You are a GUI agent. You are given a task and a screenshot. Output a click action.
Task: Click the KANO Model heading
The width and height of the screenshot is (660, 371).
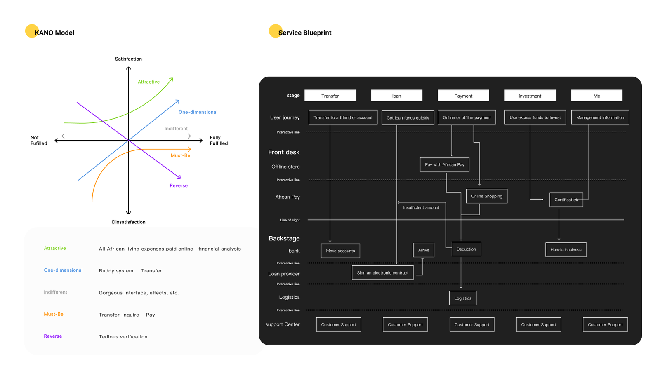pyautogui.click(x=54, y=33)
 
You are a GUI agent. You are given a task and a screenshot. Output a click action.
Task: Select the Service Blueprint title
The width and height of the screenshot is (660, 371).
pyautogui.click(x=304, y=33)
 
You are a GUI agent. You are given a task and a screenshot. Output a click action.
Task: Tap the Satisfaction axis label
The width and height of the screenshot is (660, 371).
pyautogui.click(x=128, y=59)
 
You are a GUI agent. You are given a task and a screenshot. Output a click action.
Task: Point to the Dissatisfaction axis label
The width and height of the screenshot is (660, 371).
pyautogui.click(x=129, y=222)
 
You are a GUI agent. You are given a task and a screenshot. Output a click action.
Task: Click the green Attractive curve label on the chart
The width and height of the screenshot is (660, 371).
pyautogui.click(x=148, y=82)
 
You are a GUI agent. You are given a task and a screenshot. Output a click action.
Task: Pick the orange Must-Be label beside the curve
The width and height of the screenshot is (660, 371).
pyautogui.click(x=180, y=155)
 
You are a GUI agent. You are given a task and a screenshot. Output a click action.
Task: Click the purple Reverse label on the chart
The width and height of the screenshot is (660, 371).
pyautogui.click(x=179, y=185)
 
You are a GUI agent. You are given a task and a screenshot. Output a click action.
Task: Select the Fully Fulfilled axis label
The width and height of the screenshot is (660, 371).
pyautogui.click(x=219, y=141)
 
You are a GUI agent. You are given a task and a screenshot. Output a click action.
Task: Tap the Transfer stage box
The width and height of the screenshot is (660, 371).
pyautogui.click(x=330, y=96)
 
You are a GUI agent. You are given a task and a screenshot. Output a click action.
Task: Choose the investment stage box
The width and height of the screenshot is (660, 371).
pyautogui.click(x=530, y=96)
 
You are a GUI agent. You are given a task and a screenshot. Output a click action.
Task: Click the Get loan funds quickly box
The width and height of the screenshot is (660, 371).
pyautogui.click(x=408, y=118)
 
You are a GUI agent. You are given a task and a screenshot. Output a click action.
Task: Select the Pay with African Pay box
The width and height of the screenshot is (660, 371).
pyautogui.click(x=444, y=164)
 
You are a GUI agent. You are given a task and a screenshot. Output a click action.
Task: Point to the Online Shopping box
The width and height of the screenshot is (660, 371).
pyautogui.click(x=487, y=196)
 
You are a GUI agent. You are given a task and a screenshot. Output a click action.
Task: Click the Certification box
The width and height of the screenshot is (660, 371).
pyautogui.click(x=566, y=200)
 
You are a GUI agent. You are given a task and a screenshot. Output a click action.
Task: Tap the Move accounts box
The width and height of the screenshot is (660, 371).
pyautogui.click(x=340, y=251)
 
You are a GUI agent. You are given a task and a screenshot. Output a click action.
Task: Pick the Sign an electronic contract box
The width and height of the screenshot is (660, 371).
pyautogui.click(x=382, y=273)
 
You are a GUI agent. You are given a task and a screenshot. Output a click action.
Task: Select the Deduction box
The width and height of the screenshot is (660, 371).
pyautogui.click(x=466, y=249)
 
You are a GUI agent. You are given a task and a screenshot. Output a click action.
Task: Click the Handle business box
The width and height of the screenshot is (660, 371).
pyautogui.click(x=566, y=250)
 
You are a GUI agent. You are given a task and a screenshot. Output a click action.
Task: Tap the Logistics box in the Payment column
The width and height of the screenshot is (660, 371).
pyautogui.click(x=462, y=298)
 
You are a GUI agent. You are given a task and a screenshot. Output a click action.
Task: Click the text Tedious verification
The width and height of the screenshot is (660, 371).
pyautogui.click(x=123, y=337)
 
